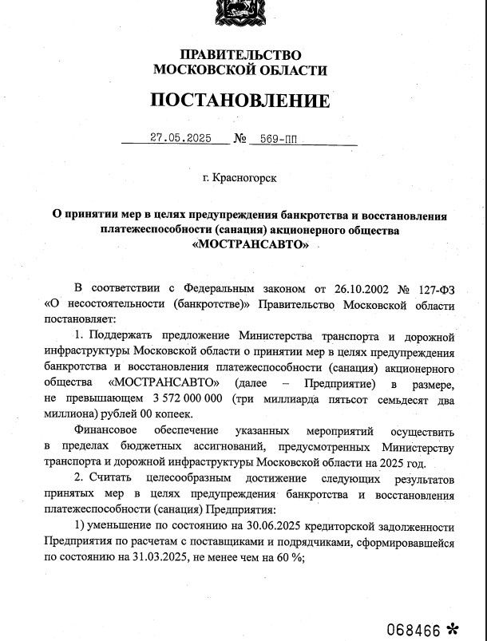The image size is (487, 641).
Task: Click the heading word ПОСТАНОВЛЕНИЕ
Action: (240, 101)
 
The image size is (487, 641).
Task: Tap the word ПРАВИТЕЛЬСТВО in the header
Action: (240, 55)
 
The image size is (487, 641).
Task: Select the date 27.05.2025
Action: (180, 137)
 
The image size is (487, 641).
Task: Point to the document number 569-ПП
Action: (273, 138)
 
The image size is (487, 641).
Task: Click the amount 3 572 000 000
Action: (186, 398)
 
